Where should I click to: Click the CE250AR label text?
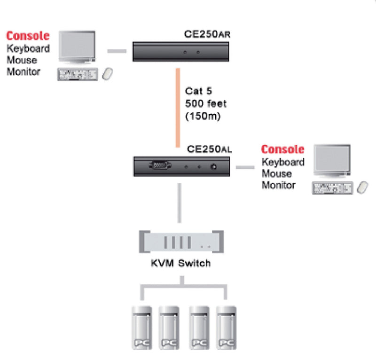tap(207, 35)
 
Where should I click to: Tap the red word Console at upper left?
tap(27, 36)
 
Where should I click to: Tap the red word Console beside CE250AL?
tap(282, 149)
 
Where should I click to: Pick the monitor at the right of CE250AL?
tap(332, 161)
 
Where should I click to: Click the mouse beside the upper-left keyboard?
tap(108, 74)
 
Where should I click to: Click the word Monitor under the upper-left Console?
tap(23, 72)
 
